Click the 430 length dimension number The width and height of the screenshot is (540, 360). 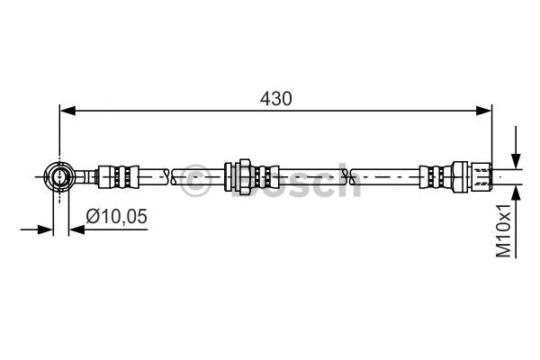pyautogui.click(x=276, y=98)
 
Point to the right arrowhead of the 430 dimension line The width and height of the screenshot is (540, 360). pyautogui.click(x=485, y=111)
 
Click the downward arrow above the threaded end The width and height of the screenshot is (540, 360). pyautogui.click(x=515, y=156)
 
